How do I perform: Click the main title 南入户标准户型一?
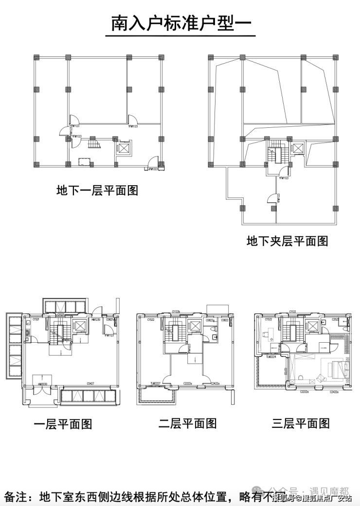point(180,23)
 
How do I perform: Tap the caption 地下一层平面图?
point(97,190)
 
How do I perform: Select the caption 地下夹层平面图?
point(287,240)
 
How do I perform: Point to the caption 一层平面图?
point(63,424)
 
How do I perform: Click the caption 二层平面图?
point(187,423)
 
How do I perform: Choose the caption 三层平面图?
point(301,423)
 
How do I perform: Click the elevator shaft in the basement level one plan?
point(124,148)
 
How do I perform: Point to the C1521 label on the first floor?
point(36,319)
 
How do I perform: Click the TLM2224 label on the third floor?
point(270,356)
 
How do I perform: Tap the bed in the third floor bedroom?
point(338,368)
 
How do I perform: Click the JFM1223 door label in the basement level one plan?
point(154,169)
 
